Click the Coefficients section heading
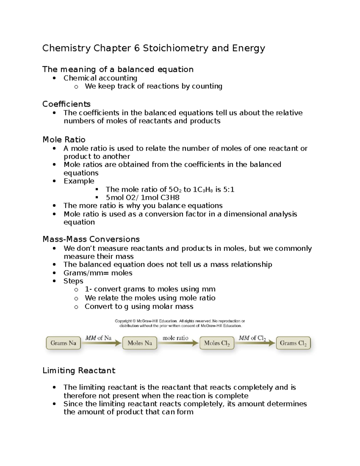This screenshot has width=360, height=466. point(66,104)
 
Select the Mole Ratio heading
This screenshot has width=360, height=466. point(64,140)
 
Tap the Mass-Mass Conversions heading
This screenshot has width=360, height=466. point(91,239)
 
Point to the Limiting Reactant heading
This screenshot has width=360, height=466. point(79,371)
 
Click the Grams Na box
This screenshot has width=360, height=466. point(63,343)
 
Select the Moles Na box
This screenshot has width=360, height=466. point(140,343)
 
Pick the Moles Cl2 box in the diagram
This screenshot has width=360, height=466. point(217,343)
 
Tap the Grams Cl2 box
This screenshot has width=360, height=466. point(293,343)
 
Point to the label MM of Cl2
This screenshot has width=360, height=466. point(252,338)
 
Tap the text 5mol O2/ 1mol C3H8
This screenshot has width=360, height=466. point(142,197)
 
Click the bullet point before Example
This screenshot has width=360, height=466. point(54,181)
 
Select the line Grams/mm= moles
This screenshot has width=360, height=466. point(98,273)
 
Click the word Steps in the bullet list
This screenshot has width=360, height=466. point(73,281)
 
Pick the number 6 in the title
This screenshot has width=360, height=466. point(137,48)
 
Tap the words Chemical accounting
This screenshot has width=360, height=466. point(100,78)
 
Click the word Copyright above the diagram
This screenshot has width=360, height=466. point(123,321)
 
